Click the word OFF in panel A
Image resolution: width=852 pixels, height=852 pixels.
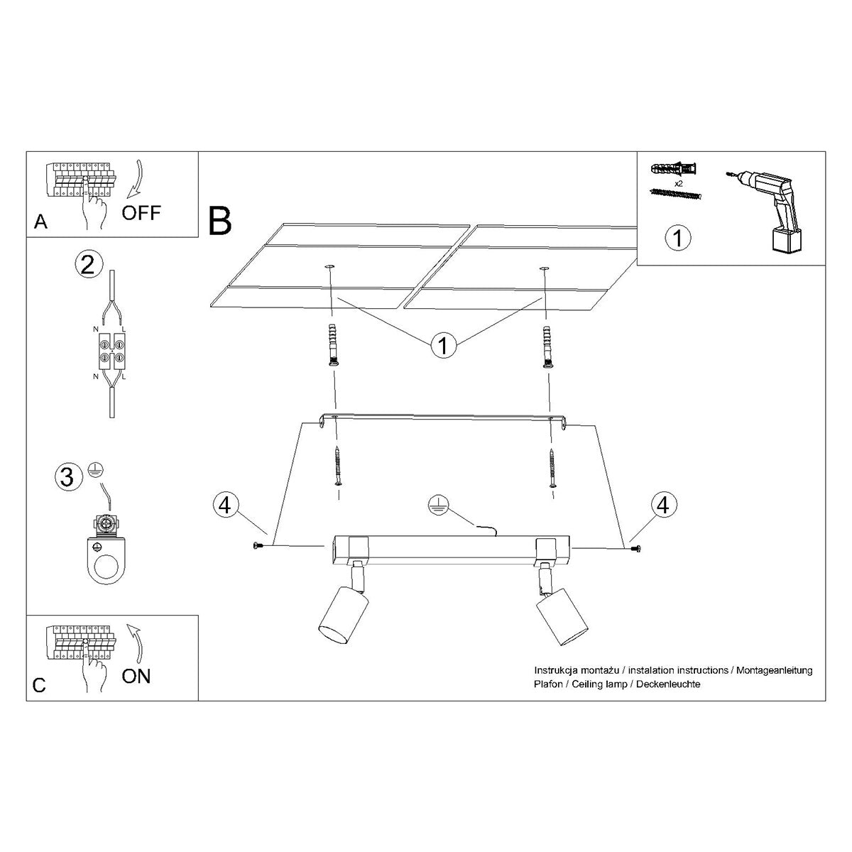tap(141, 212)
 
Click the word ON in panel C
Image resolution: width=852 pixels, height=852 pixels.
tap(136, 676)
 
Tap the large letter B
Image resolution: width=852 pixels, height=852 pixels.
tap(220, 220)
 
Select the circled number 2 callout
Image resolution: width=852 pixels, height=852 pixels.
tap(87, 264)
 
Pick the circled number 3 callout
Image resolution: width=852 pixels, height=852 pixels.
tap(67, 476)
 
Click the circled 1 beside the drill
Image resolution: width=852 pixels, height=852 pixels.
tap(678, 237)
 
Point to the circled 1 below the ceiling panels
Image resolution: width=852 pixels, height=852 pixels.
tap(443, 346)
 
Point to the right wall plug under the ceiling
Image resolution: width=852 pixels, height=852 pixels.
tap(546, 347)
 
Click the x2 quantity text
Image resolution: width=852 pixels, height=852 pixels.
tap(679, 182)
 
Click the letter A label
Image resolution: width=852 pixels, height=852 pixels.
tap(40, 222)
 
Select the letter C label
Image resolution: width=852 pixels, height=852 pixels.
tap(40, 685)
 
